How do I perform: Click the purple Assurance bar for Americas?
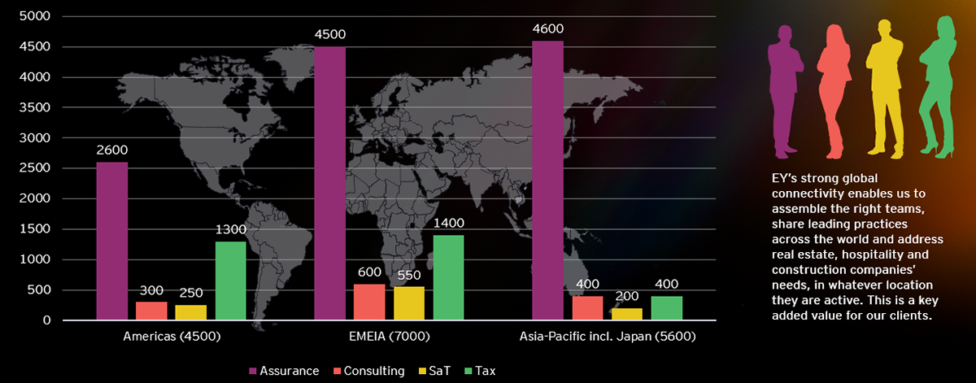point(112,241)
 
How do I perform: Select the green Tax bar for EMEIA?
point(448,277)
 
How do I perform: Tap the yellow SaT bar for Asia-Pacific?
point(627,314)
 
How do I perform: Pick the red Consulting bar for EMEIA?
point(369,302)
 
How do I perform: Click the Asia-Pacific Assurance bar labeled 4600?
point(547,181)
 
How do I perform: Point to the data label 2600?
point(112,150)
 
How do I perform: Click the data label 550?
point(408,276)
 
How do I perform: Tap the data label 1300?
point(230,229)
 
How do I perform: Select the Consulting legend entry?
point(369,371)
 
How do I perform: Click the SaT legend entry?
point(434,371)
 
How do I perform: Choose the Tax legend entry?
point(480,371)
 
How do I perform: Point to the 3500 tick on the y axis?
point(35,107)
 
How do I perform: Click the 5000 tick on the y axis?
point(35,16)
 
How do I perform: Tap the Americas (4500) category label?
point(172,337)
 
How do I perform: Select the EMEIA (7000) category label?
point(389,337)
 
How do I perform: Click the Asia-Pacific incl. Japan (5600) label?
point(608,337)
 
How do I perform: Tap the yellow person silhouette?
point(885,87)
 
